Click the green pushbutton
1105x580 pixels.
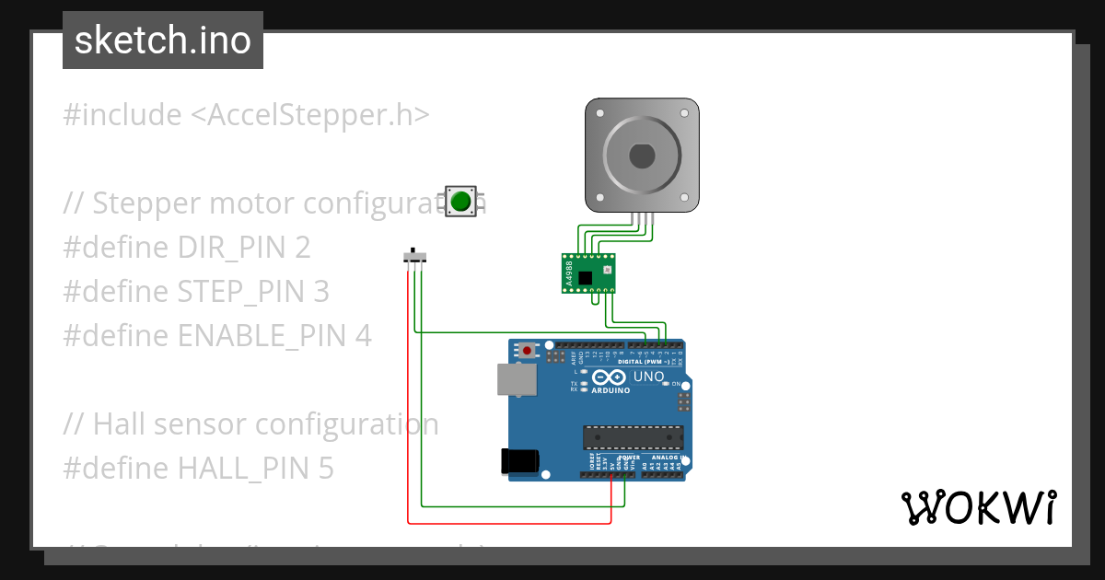[461, 201]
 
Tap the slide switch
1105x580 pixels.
[416, 256]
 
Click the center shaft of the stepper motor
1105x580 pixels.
[643, 155]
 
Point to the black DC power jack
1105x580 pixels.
[519, 461]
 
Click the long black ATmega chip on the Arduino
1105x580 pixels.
[633, 438]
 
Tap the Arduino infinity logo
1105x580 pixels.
[611, 377]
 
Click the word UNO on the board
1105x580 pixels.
[648, 377]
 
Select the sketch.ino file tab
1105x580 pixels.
[163, 41]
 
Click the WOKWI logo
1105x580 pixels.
[978, 507]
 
